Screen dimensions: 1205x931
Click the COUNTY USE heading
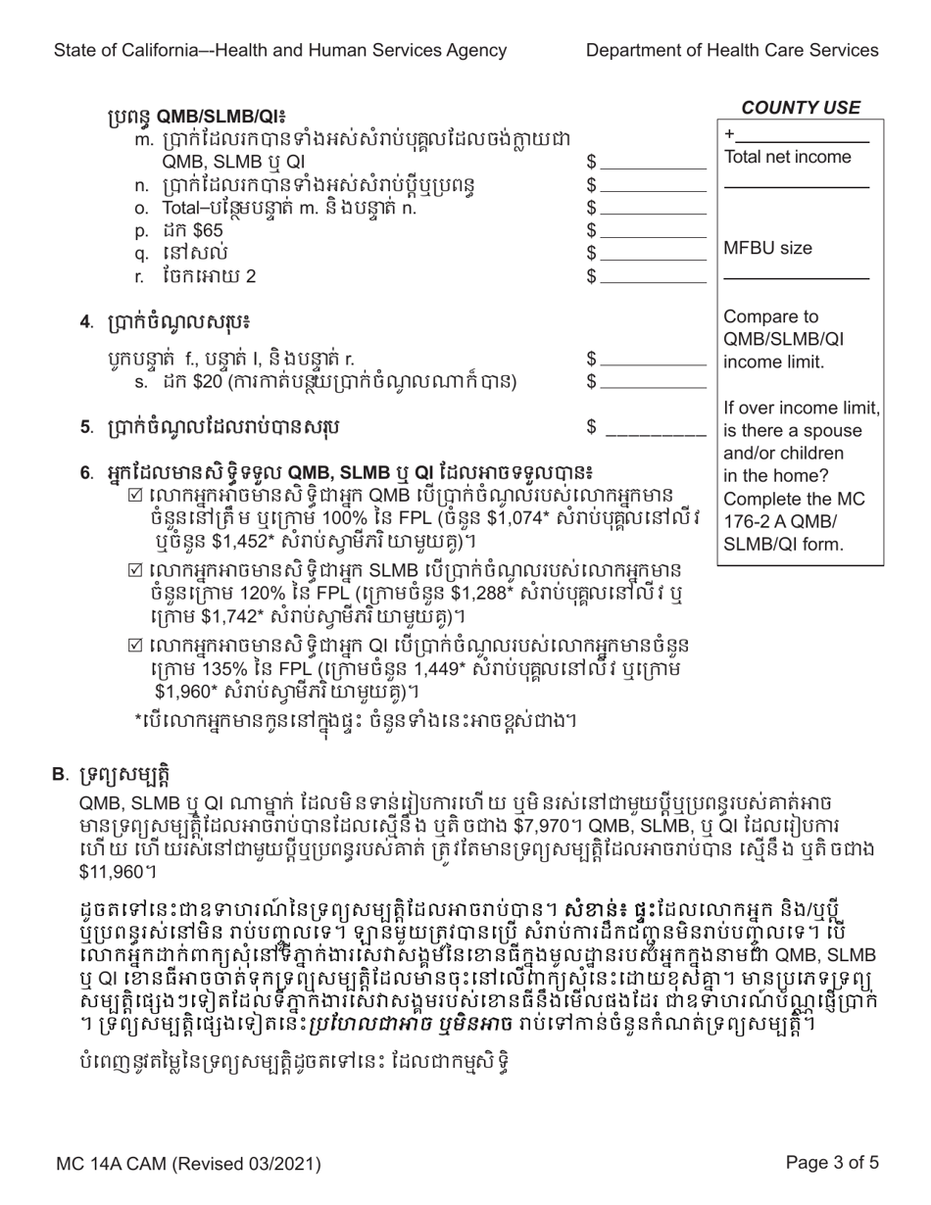click(x=801, y=108)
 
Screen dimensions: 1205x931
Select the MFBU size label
click(x=766, y=249)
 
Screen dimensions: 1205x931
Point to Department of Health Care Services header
click(x=733, y=50)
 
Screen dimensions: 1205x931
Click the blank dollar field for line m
click(x=654, y=162)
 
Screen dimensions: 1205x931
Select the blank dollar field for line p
click(x=654, y=231)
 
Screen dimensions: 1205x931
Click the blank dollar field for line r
click(x=654, y=276)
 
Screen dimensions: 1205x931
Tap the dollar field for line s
click(x=654, y=380)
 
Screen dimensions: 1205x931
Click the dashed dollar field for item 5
click(x=657, y=427)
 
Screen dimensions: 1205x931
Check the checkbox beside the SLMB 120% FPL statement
click(x=137, y=569)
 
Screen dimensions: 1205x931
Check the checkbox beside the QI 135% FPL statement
click(x=137, y=646)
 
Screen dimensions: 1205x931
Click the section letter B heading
click(x=59, y=775)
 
